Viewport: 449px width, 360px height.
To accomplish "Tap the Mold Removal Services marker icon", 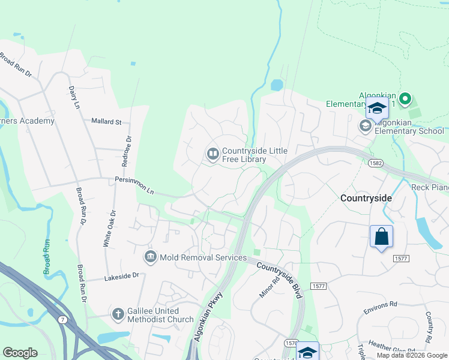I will (x=150, y=257).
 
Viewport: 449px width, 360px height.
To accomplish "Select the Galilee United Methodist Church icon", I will (x=118, y=314).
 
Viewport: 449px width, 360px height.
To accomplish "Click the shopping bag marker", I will (x=382, y=237).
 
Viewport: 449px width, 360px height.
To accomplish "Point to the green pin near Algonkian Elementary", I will (x=405, y=98).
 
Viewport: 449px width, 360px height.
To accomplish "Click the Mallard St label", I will (x=106, y=122).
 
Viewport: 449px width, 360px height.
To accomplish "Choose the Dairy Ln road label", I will (x=73, y=97).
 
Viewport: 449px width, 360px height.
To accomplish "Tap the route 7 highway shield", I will (x=62, y=320).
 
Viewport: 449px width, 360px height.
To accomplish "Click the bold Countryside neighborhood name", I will (x=366, y=197).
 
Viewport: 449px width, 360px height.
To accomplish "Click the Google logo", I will (x=20, y=353).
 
